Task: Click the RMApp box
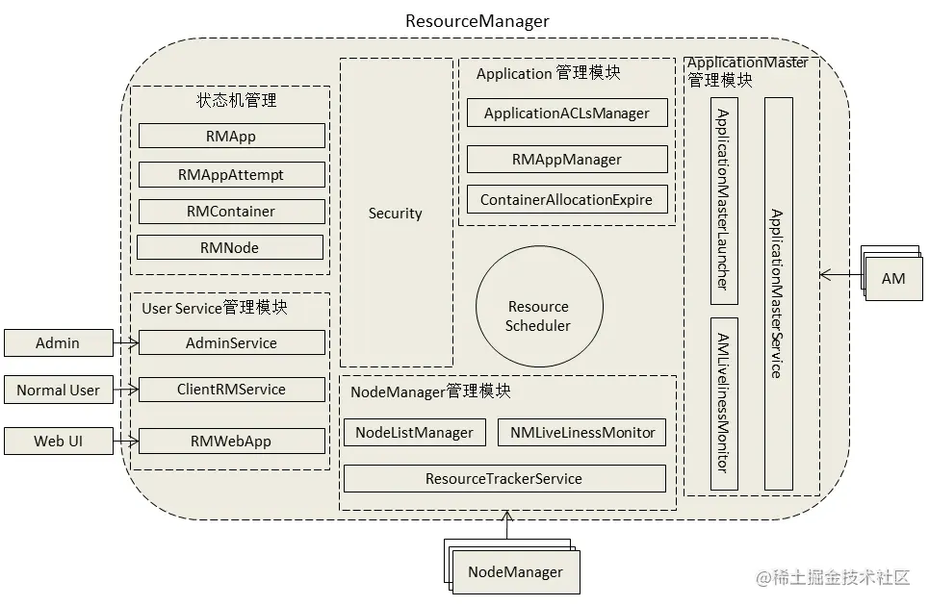tap(231, 136)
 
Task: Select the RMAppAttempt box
tap(231, 174)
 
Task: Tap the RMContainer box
tap(231, 212)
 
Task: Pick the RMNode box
tap(229, 247)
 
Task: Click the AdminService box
tap(231, 342)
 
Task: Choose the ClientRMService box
tap(231, 390)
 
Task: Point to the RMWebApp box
tap(231, 442)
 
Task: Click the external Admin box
tap(58, 342)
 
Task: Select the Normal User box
tap(58, 390)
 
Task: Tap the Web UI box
tap(58, 442)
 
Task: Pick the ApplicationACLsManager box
tap(566, 113)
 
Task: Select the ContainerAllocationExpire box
tap(566, 200)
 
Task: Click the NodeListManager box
tap(414, 433)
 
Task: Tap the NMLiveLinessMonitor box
tap(581, 433)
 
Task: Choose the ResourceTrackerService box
tap(504, 478)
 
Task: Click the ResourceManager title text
tap(477, 21)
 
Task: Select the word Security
tap(395, 214)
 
